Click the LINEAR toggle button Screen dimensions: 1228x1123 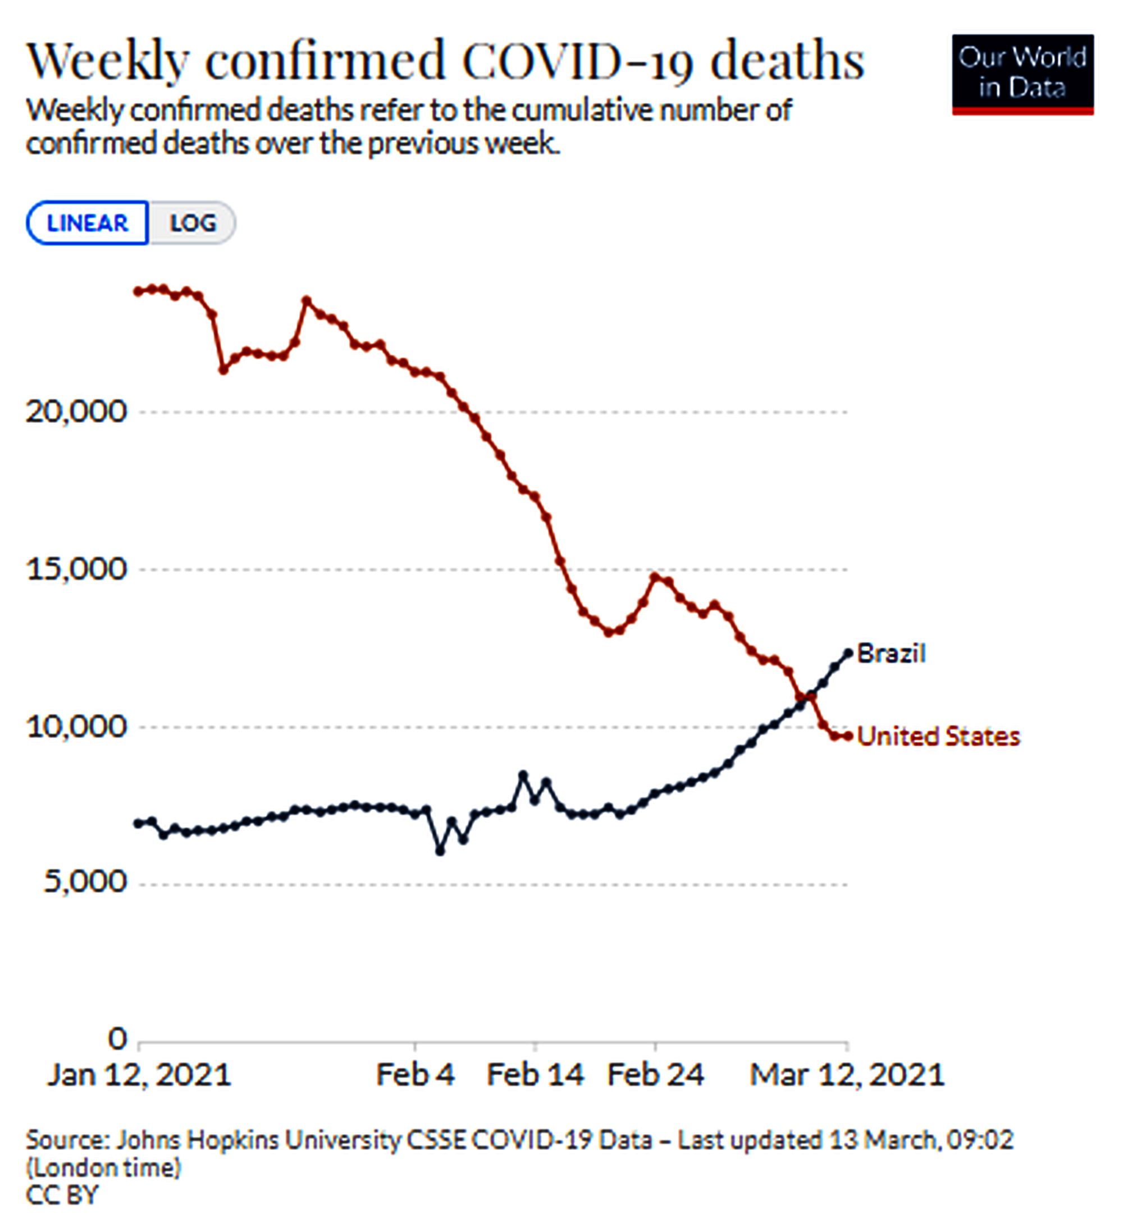pos(87,223)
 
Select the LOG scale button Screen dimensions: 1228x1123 pos(193,223)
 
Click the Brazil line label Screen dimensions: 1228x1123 pos(891,654)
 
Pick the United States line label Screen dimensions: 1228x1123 pos(938,737)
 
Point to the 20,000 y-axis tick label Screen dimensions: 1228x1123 pos(77,412)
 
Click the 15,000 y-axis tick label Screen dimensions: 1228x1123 pos(77,569)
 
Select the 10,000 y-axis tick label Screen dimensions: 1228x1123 pos(77,727)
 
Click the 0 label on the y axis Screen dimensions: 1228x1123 pos(117,1039)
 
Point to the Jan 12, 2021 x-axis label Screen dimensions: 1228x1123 pos(139,1075)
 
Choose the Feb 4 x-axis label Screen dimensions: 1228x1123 pos(416,1075)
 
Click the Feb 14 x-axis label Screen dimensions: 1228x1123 pos(535,1075)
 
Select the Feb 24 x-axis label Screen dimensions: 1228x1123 pos(655,1075)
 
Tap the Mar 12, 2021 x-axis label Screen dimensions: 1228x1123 pos(847,1075)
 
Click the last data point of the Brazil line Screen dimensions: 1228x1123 pos(848,653)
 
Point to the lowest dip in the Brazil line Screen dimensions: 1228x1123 pos(440,851)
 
